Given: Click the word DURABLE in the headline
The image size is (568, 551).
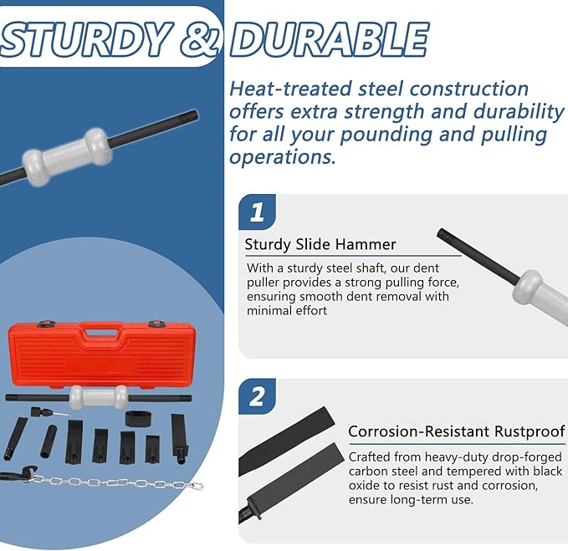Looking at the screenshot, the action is [x=330, y=39].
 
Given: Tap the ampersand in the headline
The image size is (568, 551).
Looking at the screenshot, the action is [x=200, y=39].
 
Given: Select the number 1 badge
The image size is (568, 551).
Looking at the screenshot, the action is [x=257, y=212].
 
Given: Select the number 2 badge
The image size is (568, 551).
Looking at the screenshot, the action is [x=257, y=397].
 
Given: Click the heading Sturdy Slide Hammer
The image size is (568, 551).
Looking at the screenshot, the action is [x=320, y=245].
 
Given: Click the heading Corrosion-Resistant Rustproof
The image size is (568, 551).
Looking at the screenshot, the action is [x=456, y=431].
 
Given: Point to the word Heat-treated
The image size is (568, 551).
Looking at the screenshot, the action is [x=290, y=89].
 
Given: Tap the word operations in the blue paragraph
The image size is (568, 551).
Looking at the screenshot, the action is [x=281, y=157].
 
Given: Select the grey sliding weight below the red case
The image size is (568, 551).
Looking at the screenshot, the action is [x=99, y=397].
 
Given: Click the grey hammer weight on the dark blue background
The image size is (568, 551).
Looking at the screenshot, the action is [x=67, y=156].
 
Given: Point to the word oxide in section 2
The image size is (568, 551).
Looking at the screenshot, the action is [x=363, y=486].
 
